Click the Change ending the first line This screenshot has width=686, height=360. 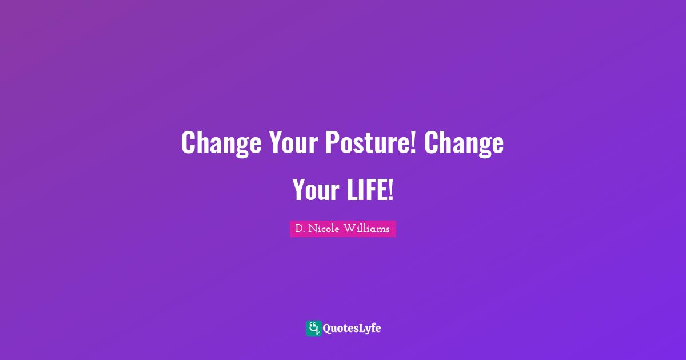click(464, 143)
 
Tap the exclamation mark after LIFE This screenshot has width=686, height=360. click(390, 189)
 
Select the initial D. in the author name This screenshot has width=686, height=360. click(299, 229)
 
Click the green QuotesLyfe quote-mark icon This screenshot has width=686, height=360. click(313, 328)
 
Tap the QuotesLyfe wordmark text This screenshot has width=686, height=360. click(352, 329)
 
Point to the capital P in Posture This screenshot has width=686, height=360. click(332, 143)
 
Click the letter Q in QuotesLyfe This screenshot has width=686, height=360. click(328, 329)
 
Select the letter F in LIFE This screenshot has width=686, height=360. click(370, 189)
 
